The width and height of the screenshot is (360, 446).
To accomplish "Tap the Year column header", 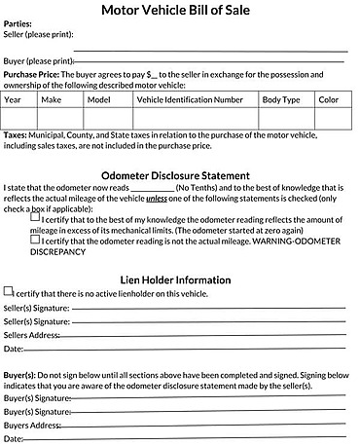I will click(14, 99).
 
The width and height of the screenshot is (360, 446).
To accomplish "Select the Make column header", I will click(52, 99).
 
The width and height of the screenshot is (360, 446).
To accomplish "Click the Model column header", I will click(99, 99).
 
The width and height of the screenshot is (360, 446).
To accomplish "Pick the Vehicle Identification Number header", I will click(190, 99).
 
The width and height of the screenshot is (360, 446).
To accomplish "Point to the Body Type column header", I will click(280, 99).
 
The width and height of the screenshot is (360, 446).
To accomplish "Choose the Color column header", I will click(329, 99).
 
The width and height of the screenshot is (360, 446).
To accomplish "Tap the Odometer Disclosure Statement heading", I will click(180, 176).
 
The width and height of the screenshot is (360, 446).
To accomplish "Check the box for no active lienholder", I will click(9, 290).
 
